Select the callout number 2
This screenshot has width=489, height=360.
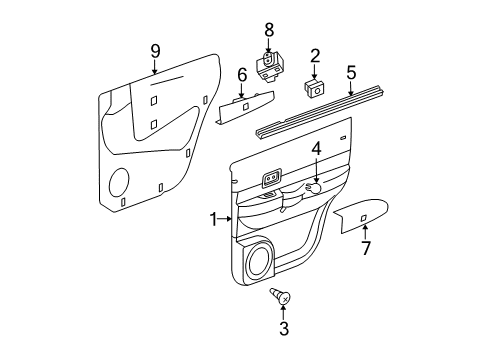click(x=314, y=56)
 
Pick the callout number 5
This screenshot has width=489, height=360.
click(x=351, y=73)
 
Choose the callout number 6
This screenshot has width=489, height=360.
click(x=241, y=74)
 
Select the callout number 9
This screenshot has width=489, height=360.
click(x=155, y=49)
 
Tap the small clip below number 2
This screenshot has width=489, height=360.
click(x=315, y=87)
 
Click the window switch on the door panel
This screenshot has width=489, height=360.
click(x=271, y=181)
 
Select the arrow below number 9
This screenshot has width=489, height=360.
click(x=155, y=68)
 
